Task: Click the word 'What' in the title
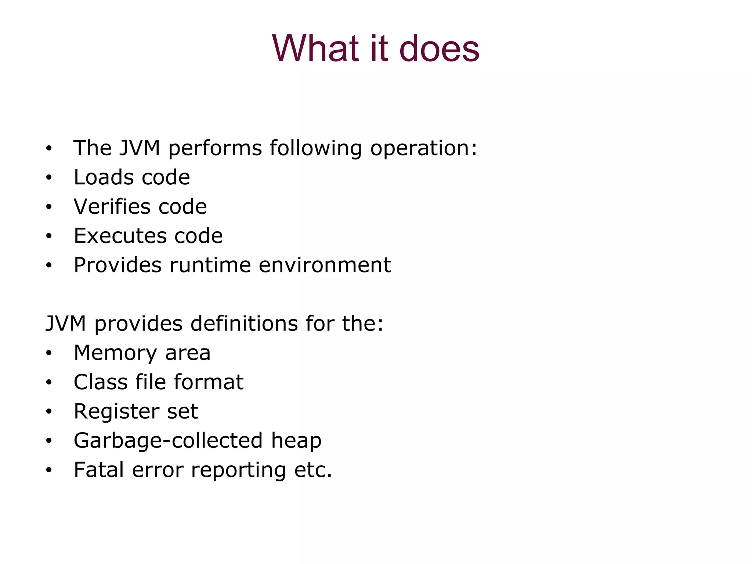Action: (x=315, y=48)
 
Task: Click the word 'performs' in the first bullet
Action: (x=215, y=148)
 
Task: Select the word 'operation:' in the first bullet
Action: (x=423, y=148)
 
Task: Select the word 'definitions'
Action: (x=244, y=324)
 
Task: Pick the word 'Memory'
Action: (x=115, y=353)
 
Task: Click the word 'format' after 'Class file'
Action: (x=208, y=382)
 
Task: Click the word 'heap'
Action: (x=296, y=441)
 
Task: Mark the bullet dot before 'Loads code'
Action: (x=49, y=178)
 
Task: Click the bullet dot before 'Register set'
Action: (x=49, y=412)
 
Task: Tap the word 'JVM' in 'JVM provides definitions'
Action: (x=66, y=324)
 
